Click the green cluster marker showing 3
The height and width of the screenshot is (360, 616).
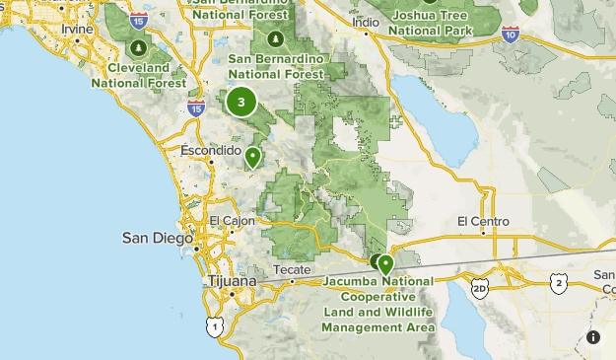pyautogui.click(x=240, y=102)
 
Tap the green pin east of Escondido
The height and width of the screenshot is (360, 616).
pyautogui.click(x=253, y=156)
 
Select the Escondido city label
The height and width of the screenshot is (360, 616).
pyautogui.click(x=211, y=150)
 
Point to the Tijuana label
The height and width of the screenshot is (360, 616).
pyautogui.click(x=233, y=281)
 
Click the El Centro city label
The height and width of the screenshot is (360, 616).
pyautogui.click(x=483, y=221)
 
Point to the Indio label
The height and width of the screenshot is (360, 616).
pyautogui.click(x=366, y=22)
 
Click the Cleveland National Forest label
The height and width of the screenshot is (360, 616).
pyautogui.click(x=138, y=77)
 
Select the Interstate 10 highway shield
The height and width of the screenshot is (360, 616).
pyautogui.click(x=510, y=35)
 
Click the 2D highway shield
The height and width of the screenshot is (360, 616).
pyautogui.click(x=480, y=287)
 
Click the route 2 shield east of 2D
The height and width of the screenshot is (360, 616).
pyautogui.click(x=559, y=283)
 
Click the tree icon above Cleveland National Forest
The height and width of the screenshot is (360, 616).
pyautogui.click(x=139, y=46)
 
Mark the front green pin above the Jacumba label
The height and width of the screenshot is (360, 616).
pyautogui.click(x=385, y=263)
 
